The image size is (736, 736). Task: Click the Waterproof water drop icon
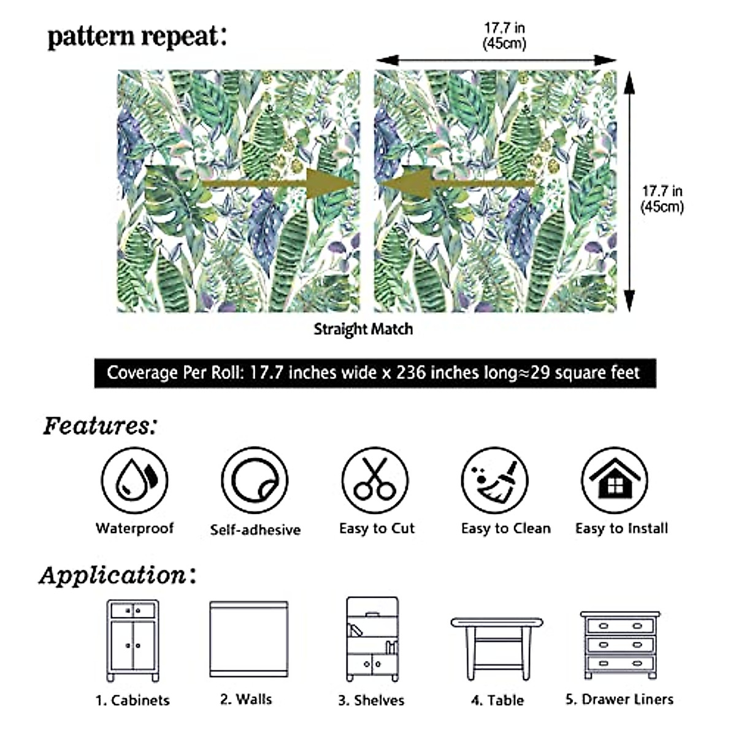tap(134, 480)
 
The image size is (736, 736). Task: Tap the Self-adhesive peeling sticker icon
tap(255, 480)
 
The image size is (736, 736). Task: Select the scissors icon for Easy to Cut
tap(375, 480)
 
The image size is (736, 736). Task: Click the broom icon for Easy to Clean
tap(494, 480)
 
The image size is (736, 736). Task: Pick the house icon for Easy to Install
tap(615, 480)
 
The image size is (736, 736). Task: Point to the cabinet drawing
tap(133, 640)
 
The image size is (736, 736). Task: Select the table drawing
tap(497, 647)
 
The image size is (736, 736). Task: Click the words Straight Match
tap(363, 329)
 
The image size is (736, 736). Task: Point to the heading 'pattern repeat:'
tap(137, 37)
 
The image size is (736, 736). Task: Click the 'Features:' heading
tap(100, 426)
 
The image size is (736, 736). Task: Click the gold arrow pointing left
tap(457, 183)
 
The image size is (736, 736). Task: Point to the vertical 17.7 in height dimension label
tap(662, 199)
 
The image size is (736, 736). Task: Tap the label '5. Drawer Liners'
tap(619, 699)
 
